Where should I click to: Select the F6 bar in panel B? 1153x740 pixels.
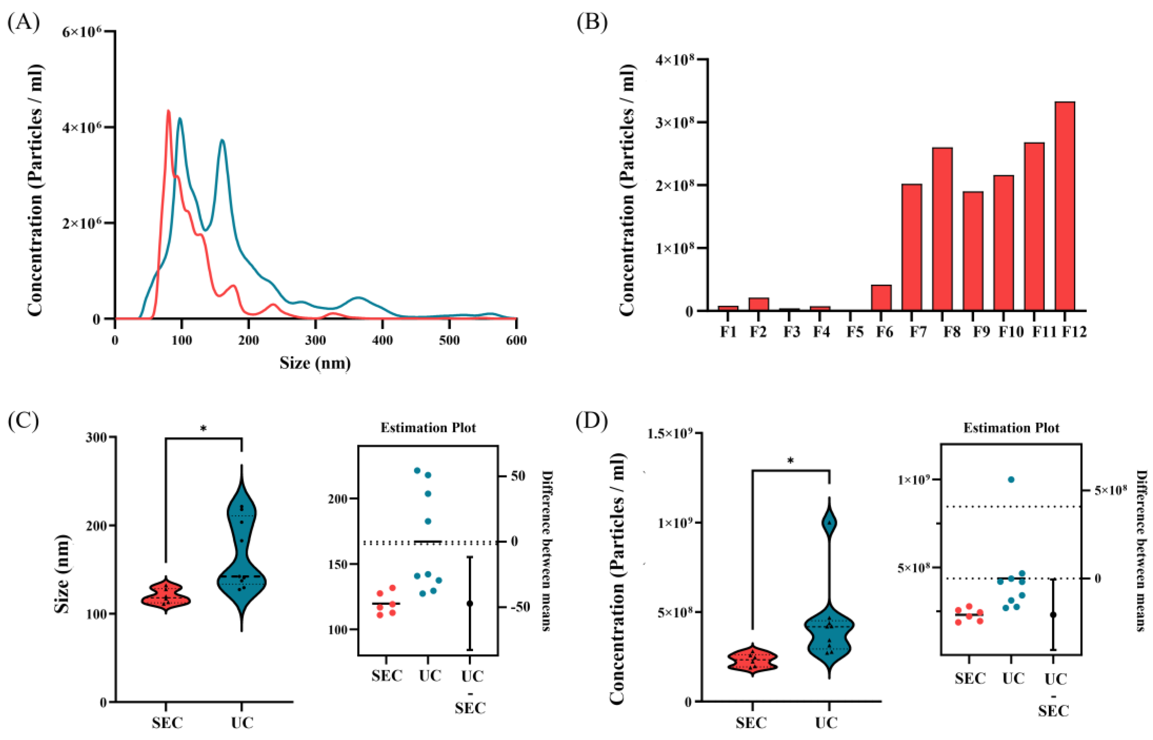point(881,297)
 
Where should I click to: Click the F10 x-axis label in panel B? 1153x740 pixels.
point(1011,332)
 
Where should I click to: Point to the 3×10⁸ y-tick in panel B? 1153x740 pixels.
point(675,122)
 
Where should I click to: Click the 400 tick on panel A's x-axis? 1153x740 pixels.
point(383,340)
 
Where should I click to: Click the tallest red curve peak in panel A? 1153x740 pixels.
point(168,112)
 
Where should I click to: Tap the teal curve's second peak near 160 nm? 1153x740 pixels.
point(222,141)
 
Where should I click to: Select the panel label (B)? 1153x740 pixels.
point(591,22)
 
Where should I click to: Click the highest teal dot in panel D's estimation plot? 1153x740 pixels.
point(1011,479)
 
